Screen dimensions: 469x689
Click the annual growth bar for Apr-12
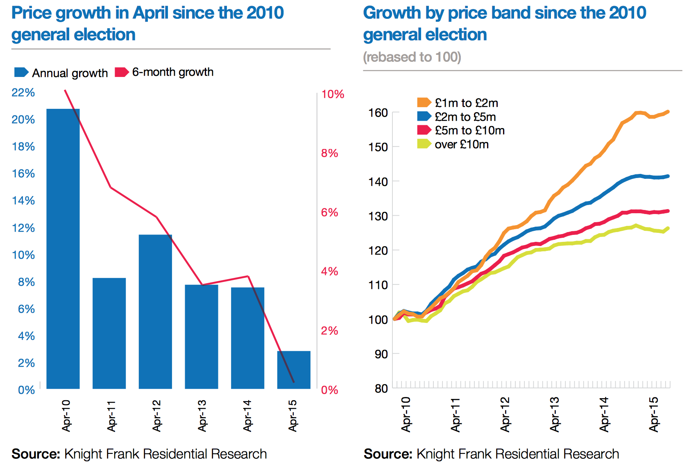click(x=155, y=311)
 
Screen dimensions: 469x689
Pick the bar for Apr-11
click(x=109, y=333)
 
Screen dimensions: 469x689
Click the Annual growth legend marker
click(x=21, y=72)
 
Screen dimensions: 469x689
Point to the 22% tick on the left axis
click(x=23, y=92)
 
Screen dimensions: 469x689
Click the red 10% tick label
click(x=333, y=94)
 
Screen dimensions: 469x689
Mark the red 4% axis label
click(x=329, y=271)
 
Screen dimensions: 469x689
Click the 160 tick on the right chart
click(x=378, y=113)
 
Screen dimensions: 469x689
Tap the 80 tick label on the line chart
click(x=381, y=388)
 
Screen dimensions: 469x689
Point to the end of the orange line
click(x=668, y=112)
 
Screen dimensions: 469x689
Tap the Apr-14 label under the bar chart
click(x=247, y=415)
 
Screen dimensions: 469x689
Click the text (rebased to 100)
click(x=412, y=57)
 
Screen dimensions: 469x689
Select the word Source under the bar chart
click(x=36, y=454)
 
